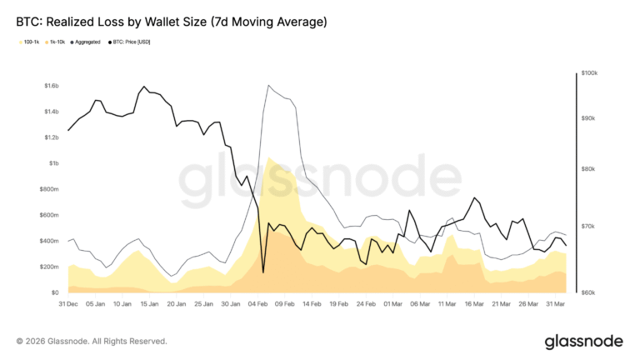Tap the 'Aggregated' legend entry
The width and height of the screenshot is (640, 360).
pyautogui.click(x=89, y=41)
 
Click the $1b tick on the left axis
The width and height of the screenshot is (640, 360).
pyautogui.click(x=52, y=163)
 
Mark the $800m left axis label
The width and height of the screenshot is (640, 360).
pyautogui.click(x=47, y=189)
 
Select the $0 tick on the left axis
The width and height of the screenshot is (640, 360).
pyautogui.click(x=54, y=292)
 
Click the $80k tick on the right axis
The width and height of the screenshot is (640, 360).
pyautogui.click(x=592, y=169)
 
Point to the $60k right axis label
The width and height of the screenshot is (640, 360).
pyautogui.click(x=592, y=292)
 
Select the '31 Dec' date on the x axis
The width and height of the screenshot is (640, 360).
pyautogui.click(x=67, y=305)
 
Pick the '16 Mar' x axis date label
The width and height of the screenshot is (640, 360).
pyautogui.click(x=473, y=305)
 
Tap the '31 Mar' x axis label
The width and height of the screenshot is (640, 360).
pyautogui.click(x=556, y=305)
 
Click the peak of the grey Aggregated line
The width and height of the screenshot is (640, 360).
pyautogui.click(x=267, y=85)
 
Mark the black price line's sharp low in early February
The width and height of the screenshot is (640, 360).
pyautogui.click(x=263, y=272)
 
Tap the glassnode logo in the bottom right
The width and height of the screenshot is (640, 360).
pyautogui.click(x=583, y=342)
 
